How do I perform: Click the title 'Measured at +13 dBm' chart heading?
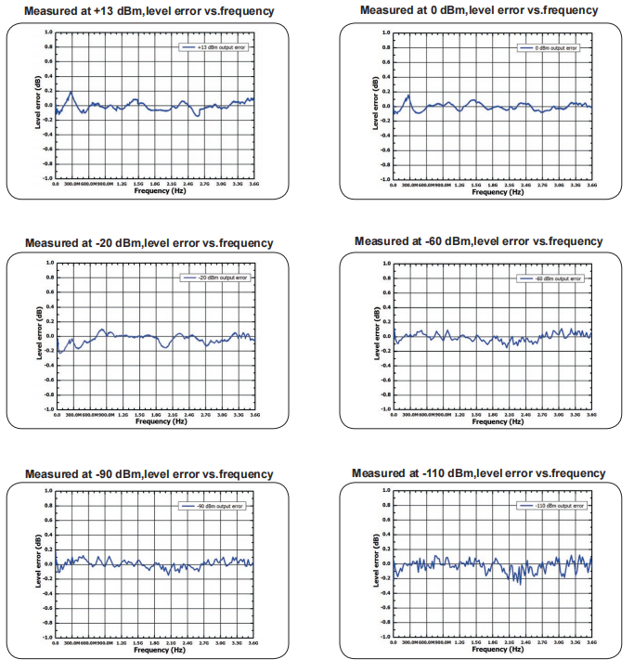click(149, 11)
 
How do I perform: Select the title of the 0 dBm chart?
click(479, 10)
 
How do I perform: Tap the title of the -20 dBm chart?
click(149, 243)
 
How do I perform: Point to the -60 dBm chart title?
click(479, 241)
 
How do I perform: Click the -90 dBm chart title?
click(149, 474)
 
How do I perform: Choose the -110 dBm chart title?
click(479, 473)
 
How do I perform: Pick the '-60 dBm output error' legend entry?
click(553, 278)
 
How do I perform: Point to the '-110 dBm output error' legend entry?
click(553, 507)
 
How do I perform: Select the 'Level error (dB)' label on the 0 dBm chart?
click(375, 101)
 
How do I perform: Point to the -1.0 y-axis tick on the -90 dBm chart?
click(47, 638)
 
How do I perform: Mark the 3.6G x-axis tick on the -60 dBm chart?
click(590, 415)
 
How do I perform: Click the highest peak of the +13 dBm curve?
click(71, 92)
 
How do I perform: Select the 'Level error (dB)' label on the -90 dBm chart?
click(40, 563)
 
